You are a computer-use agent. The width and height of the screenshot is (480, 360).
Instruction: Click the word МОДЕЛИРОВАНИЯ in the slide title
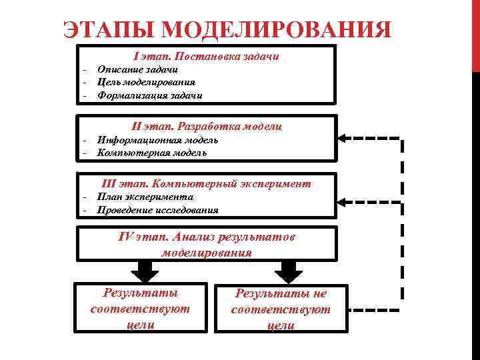(x=275, y=31)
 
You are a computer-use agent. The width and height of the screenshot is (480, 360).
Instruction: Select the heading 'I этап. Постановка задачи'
(x=206, y=57)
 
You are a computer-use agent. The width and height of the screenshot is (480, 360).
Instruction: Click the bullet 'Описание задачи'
(x=137, y=69)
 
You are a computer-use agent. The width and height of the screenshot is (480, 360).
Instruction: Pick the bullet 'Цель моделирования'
(x=146, y=82)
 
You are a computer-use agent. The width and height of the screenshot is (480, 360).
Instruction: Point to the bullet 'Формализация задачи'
(x=149, y=95)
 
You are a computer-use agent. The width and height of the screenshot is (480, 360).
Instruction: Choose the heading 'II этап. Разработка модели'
(x=207, y=126)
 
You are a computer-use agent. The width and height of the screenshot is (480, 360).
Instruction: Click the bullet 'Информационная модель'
(x=157, y=140)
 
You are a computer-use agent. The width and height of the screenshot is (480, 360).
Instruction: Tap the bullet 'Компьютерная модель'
(x=151, y=153)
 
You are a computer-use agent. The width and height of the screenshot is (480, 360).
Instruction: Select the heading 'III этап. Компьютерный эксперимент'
(x=206, y=183)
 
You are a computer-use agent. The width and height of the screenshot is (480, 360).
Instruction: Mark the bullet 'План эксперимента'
(x=145, y=197)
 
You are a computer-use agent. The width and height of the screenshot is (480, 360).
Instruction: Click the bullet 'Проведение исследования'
(x=157, y=210)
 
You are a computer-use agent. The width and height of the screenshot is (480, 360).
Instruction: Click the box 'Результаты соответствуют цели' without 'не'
(x=140, y=309)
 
